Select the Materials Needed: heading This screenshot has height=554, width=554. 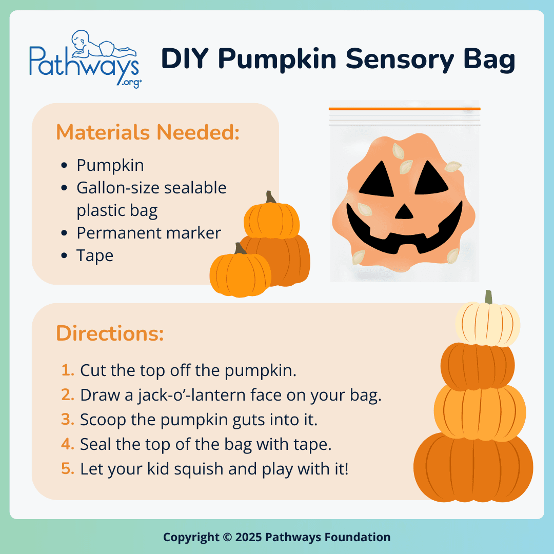pyautogui.click(x=148, y=132)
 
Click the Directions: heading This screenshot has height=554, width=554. pyautogui.click(x=110, y=333)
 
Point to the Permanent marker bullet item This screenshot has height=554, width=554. pyautogui.click(x=149, y=233)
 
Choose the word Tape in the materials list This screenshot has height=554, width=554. pyautogui.click(x=95, y=255)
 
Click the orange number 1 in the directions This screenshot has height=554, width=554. pyautogui.click(x=67, y=370)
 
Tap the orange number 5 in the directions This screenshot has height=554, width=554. pyautogui.click(x=67, y=469)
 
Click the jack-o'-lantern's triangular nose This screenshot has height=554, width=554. pyautogui.click(x=404, y=211)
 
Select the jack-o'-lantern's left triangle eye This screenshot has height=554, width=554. pyautogui.click(x=380, y=180)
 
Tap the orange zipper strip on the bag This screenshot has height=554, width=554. pyautogui.click(x=404, y=109)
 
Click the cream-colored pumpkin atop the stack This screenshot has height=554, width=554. pyautogui.click(x=487, y=324)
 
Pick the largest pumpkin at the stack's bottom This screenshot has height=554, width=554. pyautogui.click(x=473, y=466)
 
